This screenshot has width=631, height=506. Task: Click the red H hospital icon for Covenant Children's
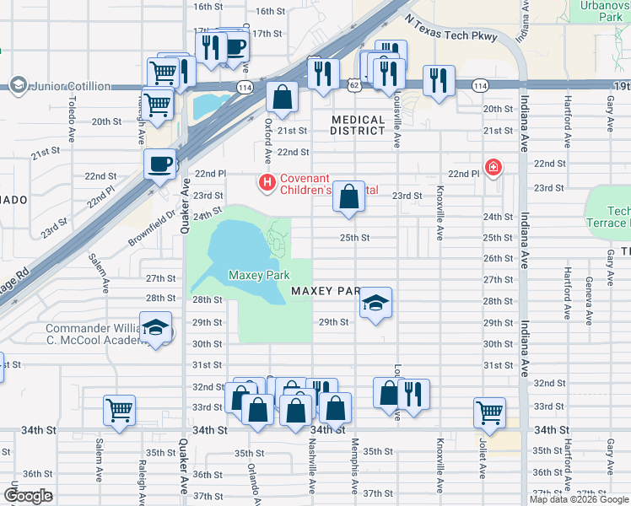(267, 181)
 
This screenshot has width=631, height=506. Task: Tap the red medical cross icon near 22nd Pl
(493, 168)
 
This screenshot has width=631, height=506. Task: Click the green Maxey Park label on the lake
(259, 275)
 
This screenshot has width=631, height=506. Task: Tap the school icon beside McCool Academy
(155, 327)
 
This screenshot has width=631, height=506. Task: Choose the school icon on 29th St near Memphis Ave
(375, 304)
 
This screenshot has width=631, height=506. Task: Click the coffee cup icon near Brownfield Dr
(159, 164)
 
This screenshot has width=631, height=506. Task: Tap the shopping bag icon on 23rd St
(348, 196)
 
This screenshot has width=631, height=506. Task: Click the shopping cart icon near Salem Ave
(119, 411)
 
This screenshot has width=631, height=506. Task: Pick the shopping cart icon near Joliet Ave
(489, 412)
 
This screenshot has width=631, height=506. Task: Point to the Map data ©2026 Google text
(579, 499)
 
